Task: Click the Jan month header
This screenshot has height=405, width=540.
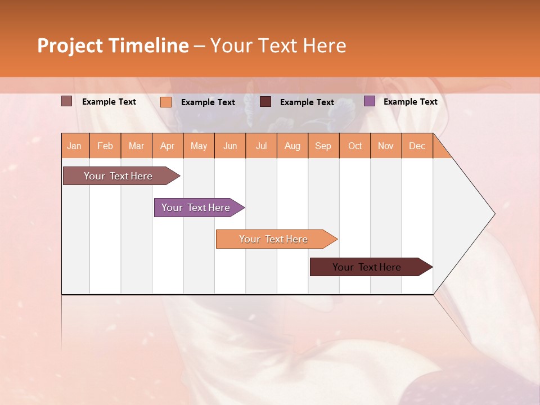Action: [75, 146]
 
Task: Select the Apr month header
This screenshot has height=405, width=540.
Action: [168, 146]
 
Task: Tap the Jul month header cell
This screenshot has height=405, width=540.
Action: [261, 146]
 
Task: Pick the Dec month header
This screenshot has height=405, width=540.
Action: [417, 146]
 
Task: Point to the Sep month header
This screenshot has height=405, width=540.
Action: [323, 146]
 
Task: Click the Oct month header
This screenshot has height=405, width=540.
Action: [355, 146]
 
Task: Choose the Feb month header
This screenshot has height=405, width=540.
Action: [105, 146]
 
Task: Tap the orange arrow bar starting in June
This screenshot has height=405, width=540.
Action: [274, 239]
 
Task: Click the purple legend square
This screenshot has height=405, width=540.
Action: [369, 101]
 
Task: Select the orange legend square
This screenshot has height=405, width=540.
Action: [166, 102]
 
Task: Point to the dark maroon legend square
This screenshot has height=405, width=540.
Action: [265, 102]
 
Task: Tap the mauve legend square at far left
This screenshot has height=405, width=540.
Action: [67, 101]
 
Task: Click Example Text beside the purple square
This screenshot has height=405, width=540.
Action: [410, 102]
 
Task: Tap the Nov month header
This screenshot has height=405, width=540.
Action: [386, 146]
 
